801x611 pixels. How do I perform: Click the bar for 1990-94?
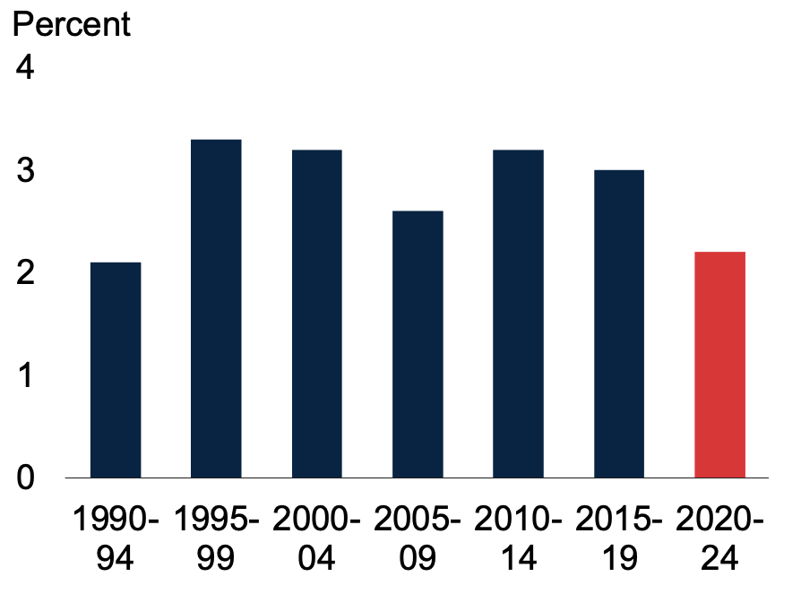[x=116, y=369]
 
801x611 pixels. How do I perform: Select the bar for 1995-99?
[x=216, y=308]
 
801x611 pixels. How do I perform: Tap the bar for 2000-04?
[x=316, y=314]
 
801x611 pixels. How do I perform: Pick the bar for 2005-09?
[x=418, y=344]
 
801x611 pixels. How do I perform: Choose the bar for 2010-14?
[x=518, y=314]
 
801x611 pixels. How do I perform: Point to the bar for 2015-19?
[x=619, y=323]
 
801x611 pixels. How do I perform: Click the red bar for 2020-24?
[x=719, y=365]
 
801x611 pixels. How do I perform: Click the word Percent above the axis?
[x=71, y=24]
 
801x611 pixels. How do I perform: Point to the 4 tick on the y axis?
[x=26, y=68]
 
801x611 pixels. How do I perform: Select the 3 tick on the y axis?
[x=26, y=170]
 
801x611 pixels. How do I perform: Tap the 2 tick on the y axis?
[x=26, y=272]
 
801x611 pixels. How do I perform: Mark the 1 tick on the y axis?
[x=26, y=374]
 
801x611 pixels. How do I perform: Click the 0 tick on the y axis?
[x=26, y=477]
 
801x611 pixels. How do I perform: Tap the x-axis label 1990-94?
[x=116, y=538]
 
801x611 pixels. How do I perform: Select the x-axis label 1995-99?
[x=216, y=538]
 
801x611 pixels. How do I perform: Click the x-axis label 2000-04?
[x=316, y=538]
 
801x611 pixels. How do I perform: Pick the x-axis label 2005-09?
[x=418, y=538]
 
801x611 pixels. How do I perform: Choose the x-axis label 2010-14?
[x=518, y=538]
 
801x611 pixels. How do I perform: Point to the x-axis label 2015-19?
[x=619, y=538]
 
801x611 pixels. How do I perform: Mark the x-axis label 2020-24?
[x=719, y=538]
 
